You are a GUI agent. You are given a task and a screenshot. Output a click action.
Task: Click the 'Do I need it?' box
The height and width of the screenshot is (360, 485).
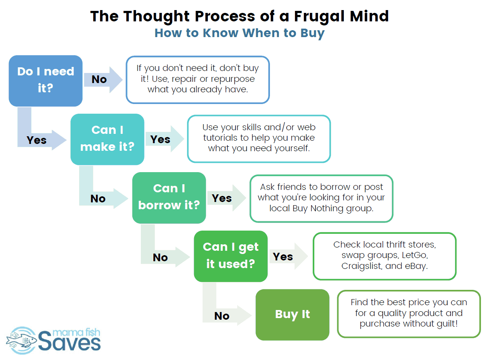click(46, 81)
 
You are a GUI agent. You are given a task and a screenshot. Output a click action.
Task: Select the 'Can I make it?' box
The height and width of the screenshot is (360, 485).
click(107, 139)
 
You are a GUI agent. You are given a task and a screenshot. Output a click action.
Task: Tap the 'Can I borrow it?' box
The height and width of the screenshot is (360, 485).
click(169, 198)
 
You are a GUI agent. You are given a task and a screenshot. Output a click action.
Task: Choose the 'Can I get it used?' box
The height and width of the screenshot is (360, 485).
click(231, 256)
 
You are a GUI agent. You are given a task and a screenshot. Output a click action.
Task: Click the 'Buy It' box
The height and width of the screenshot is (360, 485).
click(293, 315)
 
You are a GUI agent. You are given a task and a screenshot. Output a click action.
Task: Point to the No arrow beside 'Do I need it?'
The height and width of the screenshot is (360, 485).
click(103, 80)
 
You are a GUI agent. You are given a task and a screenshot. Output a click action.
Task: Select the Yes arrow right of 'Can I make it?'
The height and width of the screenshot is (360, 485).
click(165, 139)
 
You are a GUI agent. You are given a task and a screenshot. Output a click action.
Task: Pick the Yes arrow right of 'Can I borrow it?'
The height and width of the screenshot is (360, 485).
click(227, 198)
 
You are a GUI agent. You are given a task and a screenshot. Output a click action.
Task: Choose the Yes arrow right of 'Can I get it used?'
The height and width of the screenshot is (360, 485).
click(288, 256)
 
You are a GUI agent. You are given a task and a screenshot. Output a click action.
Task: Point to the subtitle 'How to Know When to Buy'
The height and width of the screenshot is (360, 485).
click(239, 33)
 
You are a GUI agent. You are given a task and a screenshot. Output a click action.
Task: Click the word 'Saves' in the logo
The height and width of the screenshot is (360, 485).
click(69, 341)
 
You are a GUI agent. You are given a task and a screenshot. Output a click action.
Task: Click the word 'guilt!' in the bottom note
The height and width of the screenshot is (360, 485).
click(447, 323)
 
